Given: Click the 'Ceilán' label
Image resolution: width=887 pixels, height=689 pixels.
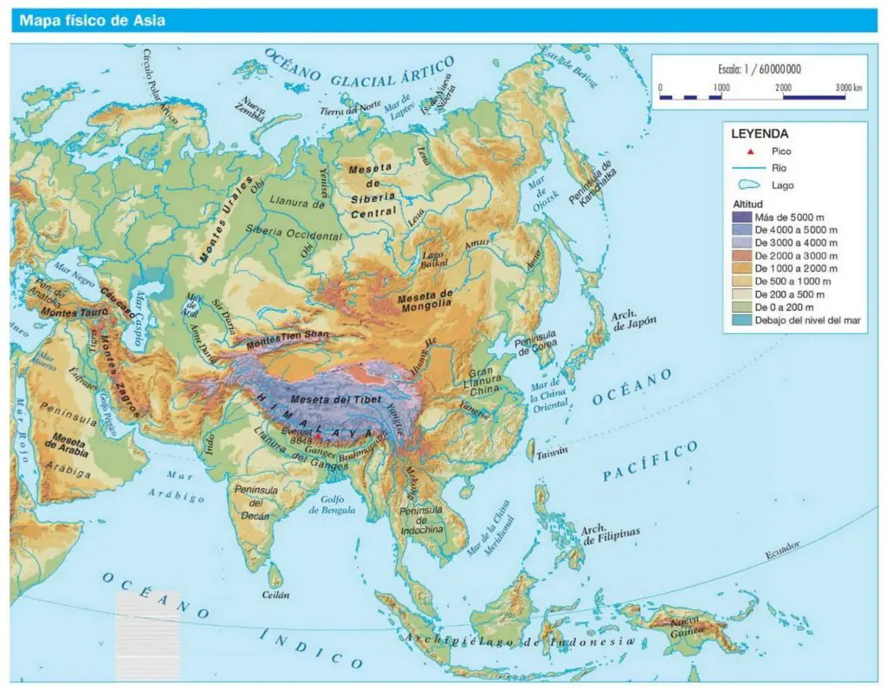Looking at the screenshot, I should pyautogui.click(x=275, y=595).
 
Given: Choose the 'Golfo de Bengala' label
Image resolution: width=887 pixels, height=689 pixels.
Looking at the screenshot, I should pyautogui.click(x=332, y=505).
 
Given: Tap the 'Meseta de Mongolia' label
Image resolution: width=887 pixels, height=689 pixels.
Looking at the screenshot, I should pyautogui.click(x=425, y=300).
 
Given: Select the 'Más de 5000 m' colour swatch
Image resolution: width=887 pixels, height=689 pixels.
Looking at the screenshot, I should pyautogui.click(x=741, y=216).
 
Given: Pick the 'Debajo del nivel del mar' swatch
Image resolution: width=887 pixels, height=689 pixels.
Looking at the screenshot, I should pyautogui.click(x=741, y=321).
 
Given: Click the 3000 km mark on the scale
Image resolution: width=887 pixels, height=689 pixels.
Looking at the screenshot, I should pyautogui.click(x=845, y=88).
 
